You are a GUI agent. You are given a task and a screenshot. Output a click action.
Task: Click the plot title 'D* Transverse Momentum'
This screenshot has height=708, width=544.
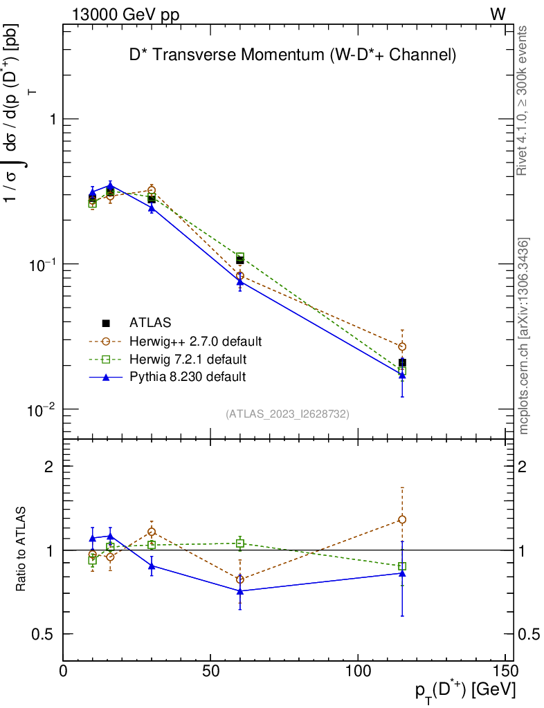[x=293, y=55]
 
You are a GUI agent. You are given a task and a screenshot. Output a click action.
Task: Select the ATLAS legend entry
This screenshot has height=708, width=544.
[x=150, y=322]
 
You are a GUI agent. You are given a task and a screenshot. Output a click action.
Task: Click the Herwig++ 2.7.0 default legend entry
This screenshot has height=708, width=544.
[x=195, y=341]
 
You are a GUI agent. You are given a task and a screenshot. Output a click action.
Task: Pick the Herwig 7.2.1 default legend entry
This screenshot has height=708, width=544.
[x=188, y=360]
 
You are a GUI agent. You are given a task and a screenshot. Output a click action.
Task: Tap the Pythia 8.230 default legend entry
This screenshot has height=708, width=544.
[x=188, y=377]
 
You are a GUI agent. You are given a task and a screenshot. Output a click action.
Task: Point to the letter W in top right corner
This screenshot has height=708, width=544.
[x=498, y=15]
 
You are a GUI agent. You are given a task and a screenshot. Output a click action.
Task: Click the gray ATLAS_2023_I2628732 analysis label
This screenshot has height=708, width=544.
[x=287, y=413]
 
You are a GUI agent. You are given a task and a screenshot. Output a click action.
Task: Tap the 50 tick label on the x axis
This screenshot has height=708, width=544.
[x=210, y=670]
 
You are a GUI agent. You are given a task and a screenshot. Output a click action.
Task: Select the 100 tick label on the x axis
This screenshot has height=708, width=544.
[x=358, y=670]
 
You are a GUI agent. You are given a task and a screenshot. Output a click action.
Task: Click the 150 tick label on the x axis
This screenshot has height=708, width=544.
[x=506, y=670]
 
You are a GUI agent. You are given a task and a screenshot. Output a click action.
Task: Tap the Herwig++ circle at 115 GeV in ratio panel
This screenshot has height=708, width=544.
[x=402, y=519]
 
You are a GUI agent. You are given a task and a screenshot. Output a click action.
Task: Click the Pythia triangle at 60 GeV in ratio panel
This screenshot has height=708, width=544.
[x=240, y=591]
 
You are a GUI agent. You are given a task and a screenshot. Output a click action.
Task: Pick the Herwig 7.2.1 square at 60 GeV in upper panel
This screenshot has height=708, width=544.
[x=240, y=257]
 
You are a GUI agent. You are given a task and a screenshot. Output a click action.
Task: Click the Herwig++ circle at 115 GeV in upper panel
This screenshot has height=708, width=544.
[x=402, y=346]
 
